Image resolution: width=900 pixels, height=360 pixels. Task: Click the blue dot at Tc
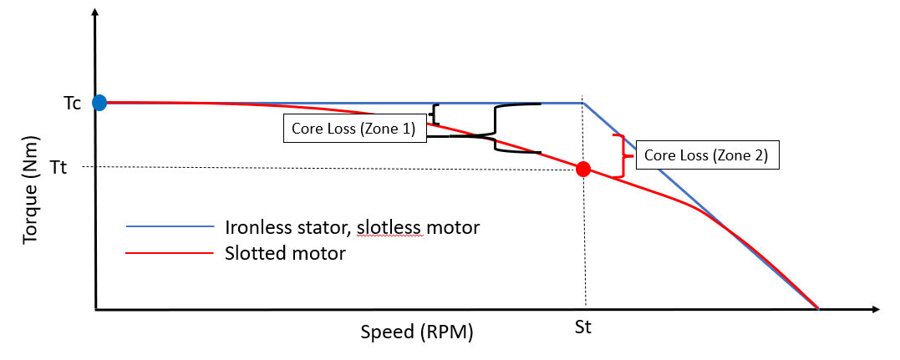coord(99,103)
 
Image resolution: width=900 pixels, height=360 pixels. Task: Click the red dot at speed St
coord(584,169)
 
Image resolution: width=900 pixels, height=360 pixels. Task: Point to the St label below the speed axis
coord(583,327)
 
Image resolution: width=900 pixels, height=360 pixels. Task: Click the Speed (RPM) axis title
coord(417,332)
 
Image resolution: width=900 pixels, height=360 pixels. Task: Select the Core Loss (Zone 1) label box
coord(354,129)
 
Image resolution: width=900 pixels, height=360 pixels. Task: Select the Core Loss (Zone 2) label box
coord(707,155)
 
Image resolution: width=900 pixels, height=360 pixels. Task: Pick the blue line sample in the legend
coord(170,226)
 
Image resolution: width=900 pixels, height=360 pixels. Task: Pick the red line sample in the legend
coord(170,252)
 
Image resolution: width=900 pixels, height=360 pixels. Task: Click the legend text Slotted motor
coord(285,252)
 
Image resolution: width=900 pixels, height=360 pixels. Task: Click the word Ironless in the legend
coord(253,226)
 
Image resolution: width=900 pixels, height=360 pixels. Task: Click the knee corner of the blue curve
coord(582,104)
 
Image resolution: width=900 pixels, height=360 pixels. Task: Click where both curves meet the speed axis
coord(817,308)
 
